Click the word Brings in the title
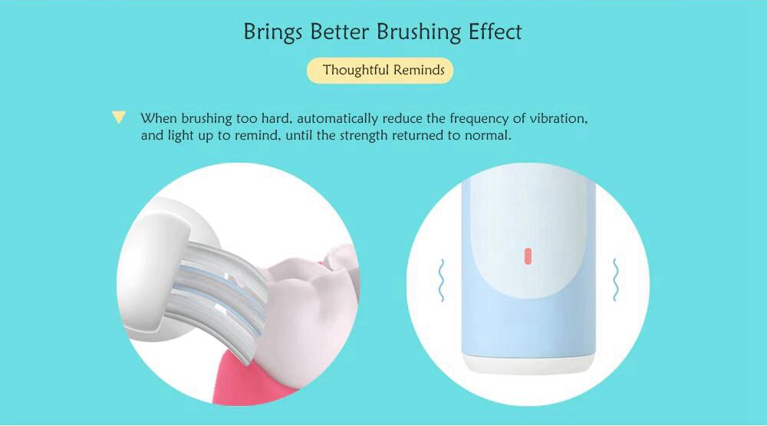pyautogui.click(x=273, y=32)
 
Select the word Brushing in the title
pyautogui.click(x=419, y=32)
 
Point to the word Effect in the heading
pyautogui.click(x=495, y=31)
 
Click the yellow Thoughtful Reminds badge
pyautogui.click(x=380, y=71)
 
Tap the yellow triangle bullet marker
pyautogui.click(x=118, y=117)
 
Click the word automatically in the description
pyautogui.click(x=337, y=119)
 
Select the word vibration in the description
pyautogui.click(x=558, y=119)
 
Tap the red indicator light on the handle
pyautogui.click(x=528, y=256)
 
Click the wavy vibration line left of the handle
pyautogui.click(x=441, y=280)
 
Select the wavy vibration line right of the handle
pyautogui.click(x=615, y=279)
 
